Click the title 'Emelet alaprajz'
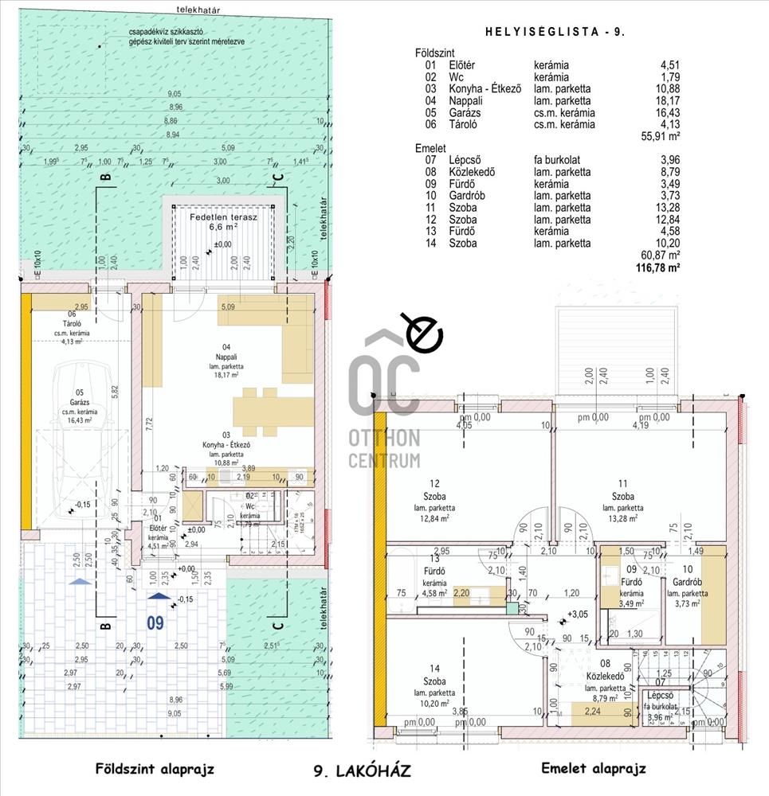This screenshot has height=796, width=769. tap(593, 769)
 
